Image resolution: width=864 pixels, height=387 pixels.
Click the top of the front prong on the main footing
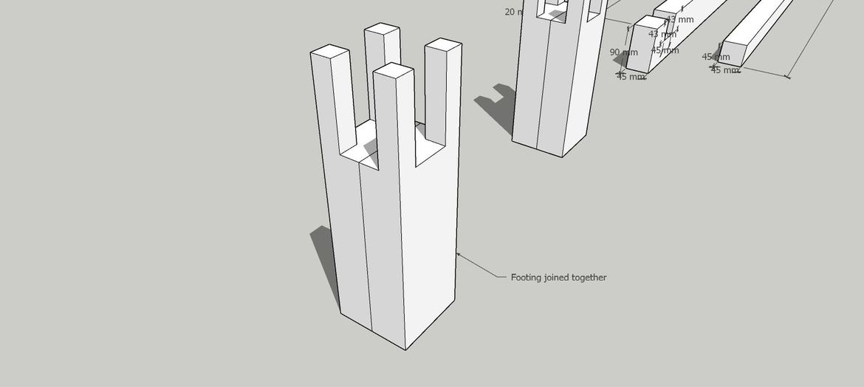(393, 70)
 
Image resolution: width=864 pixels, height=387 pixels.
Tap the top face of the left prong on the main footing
(329, 52)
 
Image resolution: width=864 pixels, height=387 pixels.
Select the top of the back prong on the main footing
(383, 29)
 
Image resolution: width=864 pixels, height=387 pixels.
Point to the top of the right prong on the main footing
(444, 44)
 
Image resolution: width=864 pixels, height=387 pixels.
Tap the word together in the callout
(590, 278)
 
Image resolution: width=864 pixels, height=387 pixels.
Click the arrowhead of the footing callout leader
(458, 255)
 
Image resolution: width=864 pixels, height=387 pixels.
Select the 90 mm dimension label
(623, 52)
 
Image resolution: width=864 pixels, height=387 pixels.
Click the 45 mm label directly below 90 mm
(631, 77)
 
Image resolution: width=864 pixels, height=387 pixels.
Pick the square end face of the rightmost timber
(735, 54)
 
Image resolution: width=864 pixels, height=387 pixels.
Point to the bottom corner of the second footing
(562, 157)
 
